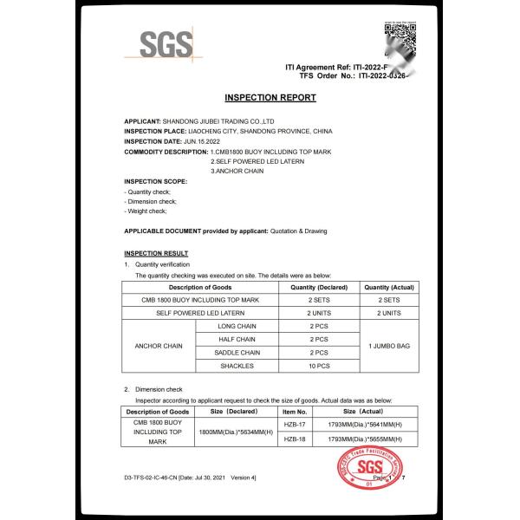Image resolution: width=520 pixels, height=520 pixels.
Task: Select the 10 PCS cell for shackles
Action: (x=319, y=367)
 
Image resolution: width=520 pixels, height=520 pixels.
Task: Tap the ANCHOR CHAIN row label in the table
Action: (x=159, y=346)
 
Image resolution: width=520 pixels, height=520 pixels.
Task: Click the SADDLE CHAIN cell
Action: (x=239, y=353)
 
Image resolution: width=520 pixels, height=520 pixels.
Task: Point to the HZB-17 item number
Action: (x=296, y=426)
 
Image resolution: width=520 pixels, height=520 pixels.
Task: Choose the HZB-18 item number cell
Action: (x=296, y=439)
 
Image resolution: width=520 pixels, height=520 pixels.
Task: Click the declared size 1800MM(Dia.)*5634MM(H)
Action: (x=236, y=432)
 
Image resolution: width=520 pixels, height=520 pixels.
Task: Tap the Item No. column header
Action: (x=296, y=412)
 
